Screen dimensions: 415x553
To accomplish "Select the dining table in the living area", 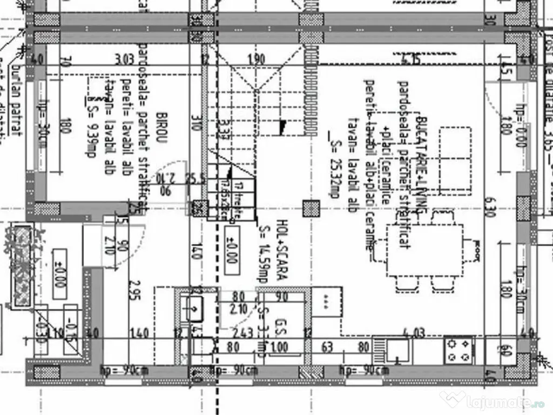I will [x=424, y=250].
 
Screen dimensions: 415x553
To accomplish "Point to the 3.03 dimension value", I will [x=124, y=59].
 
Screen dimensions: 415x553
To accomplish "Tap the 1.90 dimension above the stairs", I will [x=256, y=59].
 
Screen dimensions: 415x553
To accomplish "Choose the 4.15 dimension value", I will [x=412, y=59].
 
